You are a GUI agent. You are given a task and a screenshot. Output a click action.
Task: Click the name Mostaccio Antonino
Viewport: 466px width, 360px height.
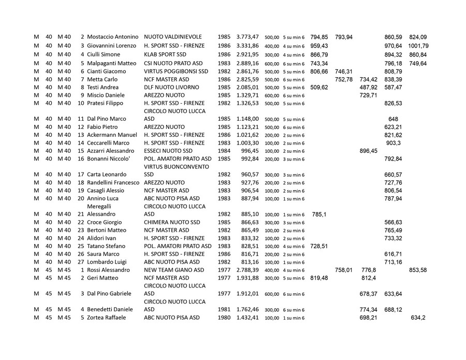coord(112,37)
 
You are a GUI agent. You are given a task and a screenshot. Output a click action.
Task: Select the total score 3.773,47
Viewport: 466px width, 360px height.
coord(247,37)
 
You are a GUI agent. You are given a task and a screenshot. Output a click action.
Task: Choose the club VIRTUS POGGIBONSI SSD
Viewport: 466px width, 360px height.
coord(176,71)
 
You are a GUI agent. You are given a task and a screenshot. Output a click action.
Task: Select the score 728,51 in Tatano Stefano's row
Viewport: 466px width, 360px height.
coord(319,246)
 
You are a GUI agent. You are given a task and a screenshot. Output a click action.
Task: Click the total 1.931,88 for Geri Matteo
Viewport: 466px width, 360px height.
coord(247,278)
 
